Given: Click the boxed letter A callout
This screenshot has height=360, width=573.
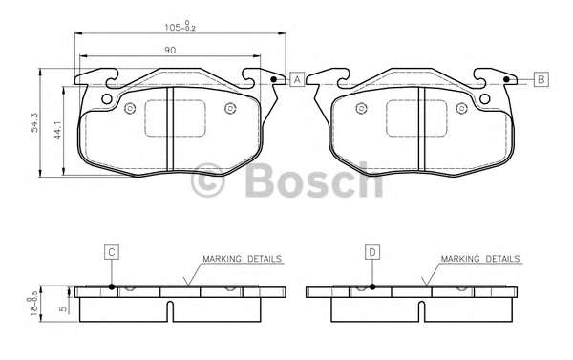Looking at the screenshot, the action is pyautogui.click(x=297, y=79).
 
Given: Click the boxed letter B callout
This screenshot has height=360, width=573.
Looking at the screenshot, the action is pyautogui.click(x=541, y=79).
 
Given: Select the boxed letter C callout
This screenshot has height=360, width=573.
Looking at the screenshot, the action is pyautogui.click(x=112, y=252).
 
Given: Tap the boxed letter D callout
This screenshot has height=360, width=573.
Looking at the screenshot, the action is pyautogui.click(x=372, y=252).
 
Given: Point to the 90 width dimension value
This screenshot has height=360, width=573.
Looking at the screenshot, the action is pyautogui.click(x=170, y=50).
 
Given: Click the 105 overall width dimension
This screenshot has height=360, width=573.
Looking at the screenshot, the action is pyautogui.click(x=180, y=27).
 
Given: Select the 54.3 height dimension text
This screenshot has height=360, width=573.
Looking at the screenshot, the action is pyautogui.click(x=34, y=122).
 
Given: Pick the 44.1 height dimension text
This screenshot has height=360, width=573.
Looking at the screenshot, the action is pyautogui.click(x=57, y=131).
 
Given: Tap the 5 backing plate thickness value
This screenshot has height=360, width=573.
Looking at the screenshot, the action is pyautogui.click(x=64, y=308).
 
